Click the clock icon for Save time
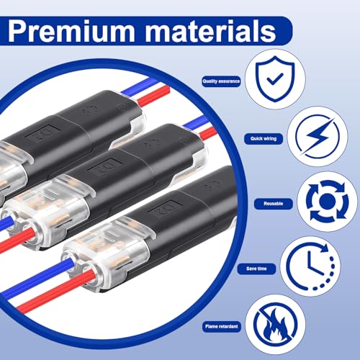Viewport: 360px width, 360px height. pos(310,267)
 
